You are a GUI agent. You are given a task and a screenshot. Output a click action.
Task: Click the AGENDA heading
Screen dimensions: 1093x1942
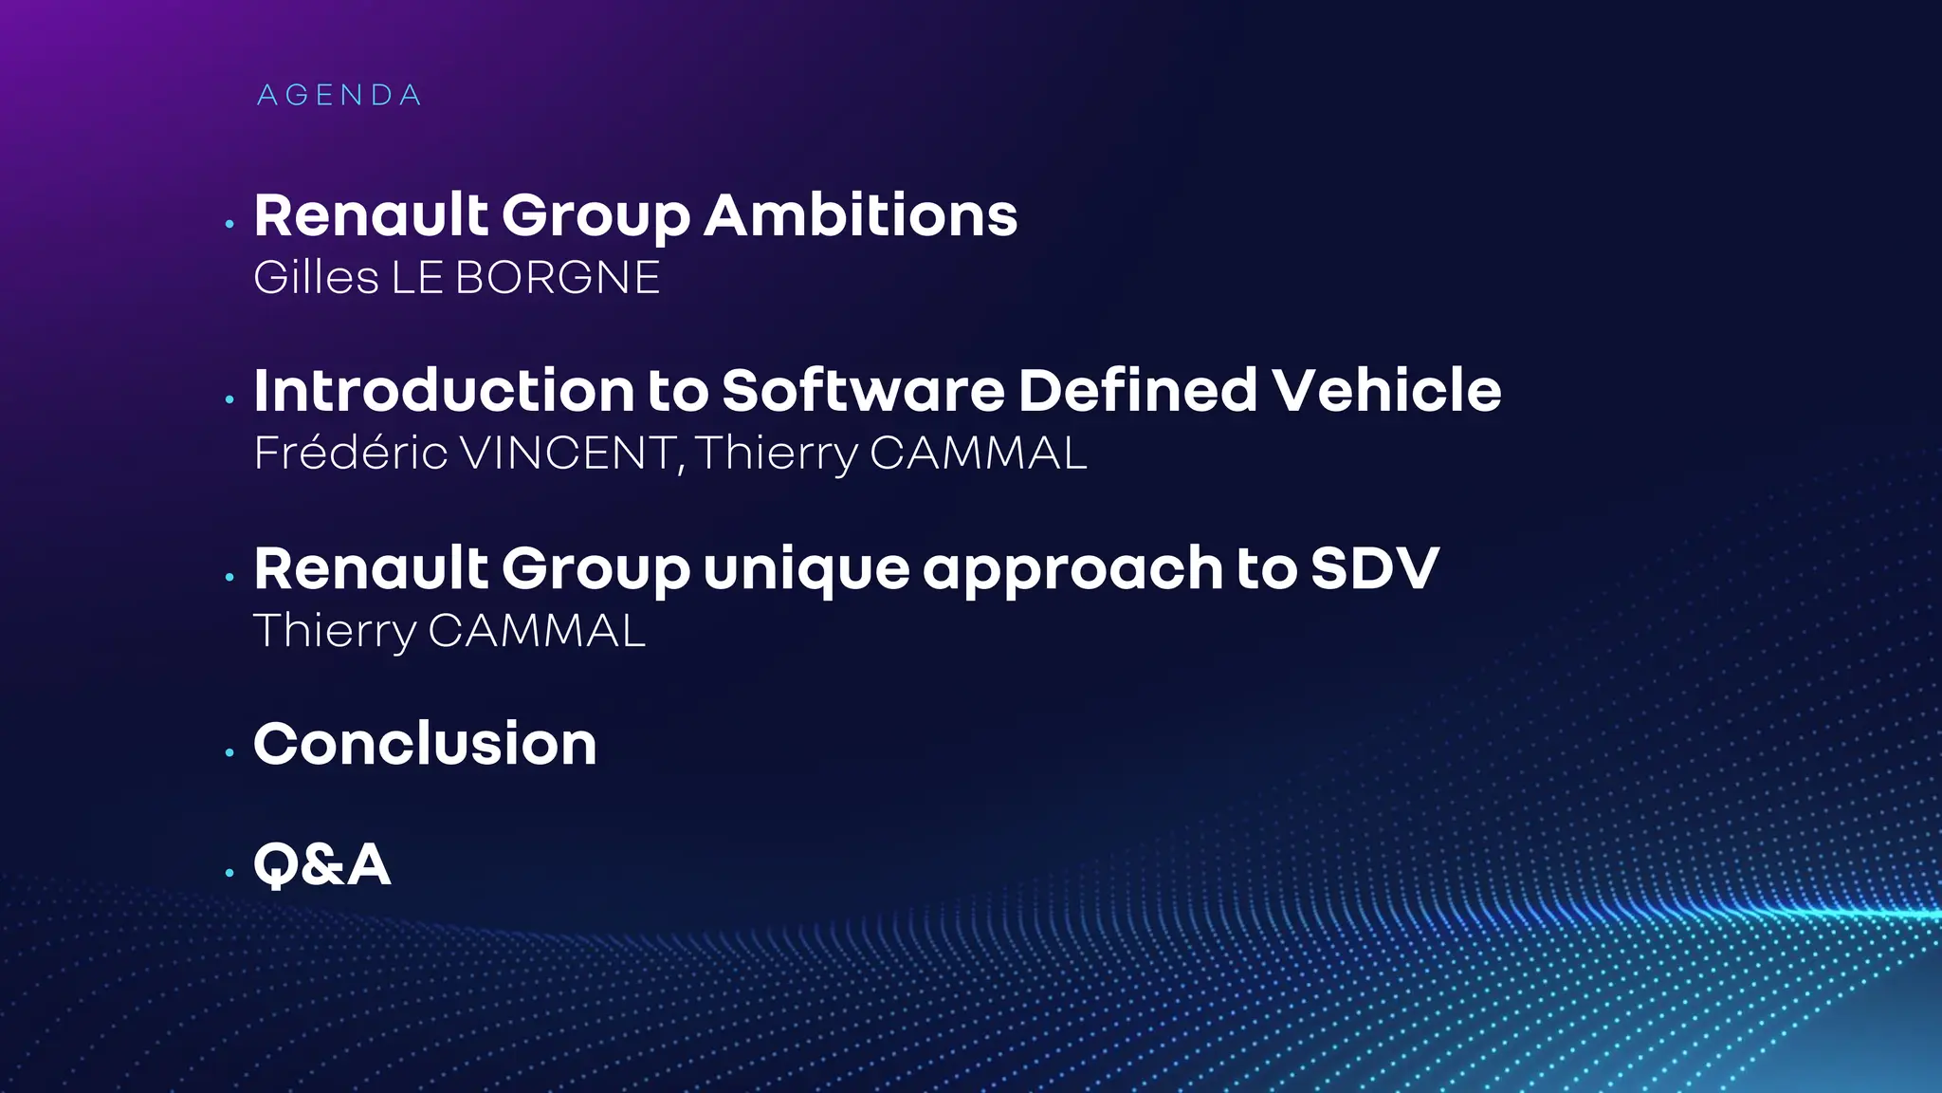pos(339,96)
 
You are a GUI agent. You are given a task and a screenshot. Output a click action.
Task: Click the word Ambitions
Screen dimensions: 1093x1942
pos(860,215)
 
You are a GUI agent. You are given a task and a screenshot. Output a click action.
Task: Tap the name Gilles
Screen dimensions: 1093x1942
pos(316,278)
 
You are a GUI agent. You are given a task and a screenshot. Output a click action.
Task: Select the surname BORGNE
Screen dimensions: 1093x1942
pos(557,278)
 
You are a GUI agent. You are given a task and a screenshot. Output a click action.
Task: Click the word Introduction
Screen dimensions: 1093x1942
pos(444,391)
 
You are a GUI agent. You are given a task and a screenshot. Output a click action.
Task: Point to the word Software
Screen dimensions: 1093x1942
pos(863,391)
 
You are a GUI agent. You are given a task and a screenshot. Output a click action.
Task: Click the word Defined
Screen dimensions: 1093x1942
pos(1138,391)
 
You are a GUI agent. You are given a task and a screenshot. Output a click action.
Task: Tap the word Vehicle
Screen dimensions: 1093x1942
pos(1386,391)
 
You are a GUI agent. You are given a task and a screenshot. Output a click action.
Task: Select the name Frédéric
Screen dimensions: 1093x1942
pos(350,454)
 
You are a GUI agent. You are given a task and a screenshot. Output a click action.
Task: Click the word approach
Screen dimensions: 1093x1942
pos(1072,569)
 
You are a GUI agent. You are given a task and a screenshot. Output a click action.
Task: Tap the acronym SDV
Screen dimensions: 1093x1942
pos(1375,569)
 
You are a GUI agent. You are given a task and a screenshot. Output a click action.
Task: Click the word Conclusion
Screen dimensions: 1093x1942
pos(425,744)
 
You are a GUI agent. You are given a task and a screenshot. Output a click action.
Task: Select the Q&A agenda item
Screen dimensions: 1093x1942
pos(321,864)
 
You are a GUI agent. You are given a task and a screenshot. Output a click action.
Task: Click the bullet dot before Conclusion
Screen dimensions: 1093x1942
pos(229,753)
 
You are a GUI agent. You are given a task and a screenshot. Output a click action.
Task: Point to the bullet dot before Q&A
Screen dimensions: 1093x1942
pos(229,873)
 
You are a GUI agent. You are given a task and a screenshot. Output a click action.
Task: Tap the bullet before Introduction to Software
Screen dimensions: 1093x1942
pos(229,400)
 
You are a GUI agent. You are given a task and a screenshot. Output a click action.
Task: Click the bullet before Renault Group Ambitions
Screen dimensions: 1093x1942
pos(229,225)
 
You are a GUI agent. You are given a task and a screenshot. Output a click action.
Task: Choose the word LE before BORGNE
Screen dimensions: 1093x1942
pos(417,278)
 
